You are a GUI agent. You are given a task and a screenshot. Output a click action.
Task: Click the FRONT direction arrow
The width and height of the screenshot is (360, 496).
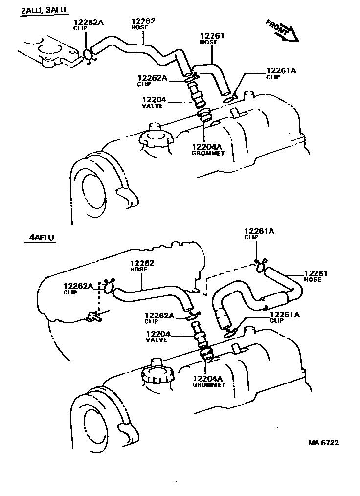pyautogui.click(x=283, y=30)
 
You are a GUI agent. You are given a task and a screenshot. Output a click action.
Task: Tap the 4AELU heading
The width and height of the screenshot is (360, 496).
pyautogui.click(x=39, y=238)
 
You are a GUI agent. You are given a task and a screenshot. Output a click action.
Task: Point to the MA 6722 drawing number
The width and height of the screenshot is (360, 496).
pyautogui.click(x=323, y=443)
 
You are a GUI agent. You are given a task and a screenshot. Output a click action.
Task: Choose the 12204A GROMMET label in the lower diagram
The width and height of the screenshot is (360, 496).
pyautogui.click(x=208, y=381)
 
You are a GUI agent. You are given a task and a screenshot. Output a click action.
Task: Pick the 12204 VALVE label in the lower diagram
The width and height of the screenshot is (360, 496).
pyautogui.click(x=157, y=337)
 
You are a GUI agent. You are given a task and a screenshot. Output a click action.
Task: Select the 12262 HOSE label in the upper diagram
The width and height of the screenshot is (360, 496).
pyautogui.click(x=143, y=24)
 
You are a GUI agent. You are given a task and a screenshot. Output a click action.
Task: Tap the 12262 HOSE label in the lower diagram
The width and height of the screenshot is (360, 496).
pyautogui.click(x=142, y=266)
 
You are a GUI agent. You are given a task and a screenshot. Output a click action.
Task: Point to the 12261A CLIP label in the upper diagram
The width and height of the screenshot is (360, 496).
pyautogui.click(x=281, y=73)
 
